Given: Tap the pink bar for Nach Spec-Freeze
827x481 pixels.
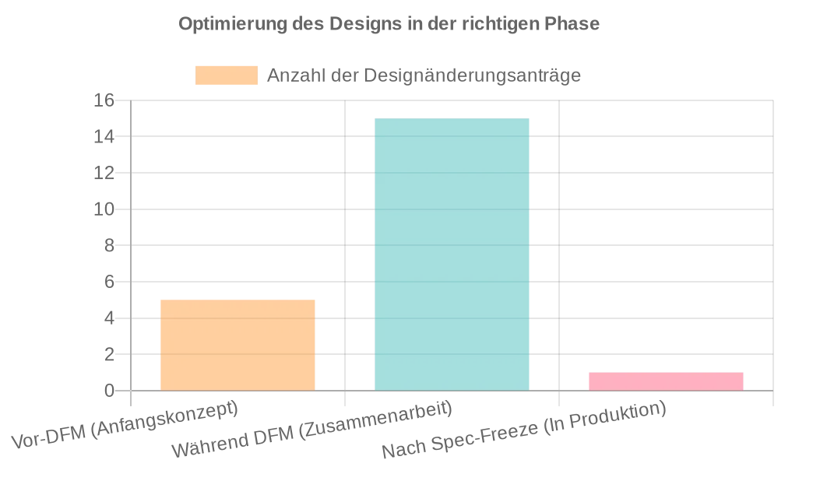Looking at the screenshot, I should coord(666,381).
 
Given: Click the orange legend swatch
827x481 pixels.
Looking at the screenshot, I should coord(226,75).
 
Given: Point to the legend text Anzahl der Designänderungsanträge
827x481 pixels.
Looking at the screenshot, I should coord(424,75).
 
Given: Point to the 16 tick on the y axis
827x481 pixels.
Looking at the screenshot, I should coord(104,100).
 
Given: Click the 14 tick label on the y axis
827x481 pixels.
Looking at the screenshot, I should coord(104,137).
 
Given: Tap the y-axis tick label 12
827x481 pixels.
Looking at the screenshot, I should coord(104,173).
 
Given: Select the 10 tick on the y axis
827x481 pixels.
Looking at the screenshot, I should coord(104,209).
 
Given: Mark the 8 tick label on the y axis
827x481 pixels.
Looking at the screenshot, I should coord(109,245).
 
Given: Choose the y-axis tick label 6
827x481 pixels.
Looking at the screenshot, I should coord(109,282).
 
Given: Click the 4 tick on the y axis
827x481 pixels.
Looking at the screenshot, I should coord(109,318).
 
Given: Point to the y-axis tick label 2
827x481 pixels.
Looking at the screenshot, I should coord(109,354).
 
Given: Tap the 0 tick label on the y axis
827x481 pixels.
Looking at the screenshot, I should coord(109,391).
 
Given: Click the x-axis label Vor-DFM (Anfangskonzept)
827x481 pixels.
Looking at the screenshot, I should coord(125,427).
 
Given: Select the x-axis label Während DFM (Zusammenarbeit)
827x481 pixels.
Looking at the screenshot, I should coord(311,430).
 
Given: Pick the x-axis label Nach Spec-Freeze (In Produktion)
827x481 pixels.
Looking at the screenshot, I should coord(524,430).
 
